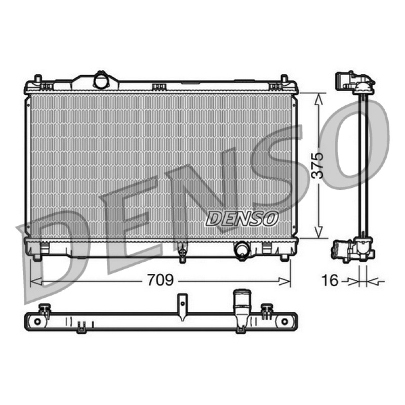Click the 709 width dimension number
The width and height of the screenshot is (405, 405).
[x=160, y=280]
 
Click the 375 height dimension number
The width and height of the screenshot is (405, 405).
[x=317, y=166]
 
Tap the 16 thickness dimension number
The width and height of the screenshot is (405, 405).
[x=330, y=280]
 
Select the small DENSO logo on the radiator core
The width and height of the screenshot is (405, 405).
[x=242, y=219]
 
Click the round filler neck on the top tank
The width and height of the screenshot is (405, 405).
[x=101, y=80]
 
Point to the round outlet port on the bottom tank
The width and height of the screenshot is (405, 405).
[x=241, y=249]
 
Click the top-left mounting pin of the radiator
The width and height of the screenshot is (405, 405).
[x=38, y=79]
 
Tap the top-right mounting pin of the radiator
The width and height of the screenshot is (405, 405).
[x=284, y=79]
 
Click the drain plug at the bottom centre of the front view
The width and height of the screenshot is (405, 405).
[x=183, y=252]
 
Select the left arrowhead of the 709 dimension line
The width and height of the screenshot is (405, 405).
[x=35, y=281]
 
